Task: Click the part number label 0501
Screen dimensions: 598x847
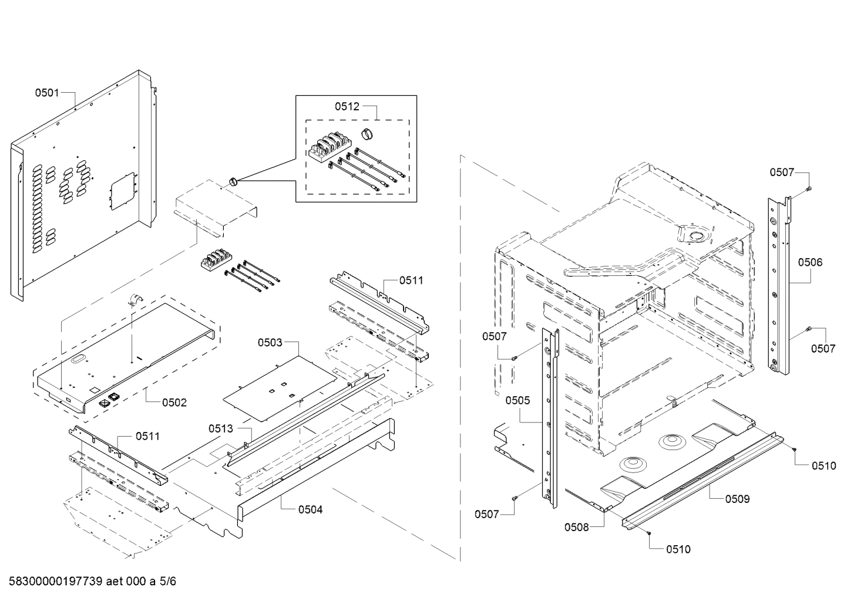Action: [x=46, y=92]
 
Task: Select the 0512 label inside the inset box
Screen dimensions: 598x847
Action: [x=347, y=106]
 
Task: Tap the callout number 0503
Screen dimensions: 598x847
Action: [x=270, y=342]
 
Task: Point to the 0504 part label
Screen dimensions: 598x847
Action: [x=310, y=509]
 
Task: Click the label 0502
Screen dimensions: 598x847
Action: [x=174, y=403]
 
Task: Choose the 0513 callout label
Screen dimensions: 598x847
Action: [x=220, y=429]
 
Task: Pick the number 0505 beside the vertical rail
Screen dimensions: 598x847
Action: [x=517, y=400]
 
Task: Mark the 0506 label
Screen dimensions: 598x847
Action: [x=810, y=262]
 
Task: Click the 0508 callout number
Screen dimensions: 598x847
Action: [x=576, y=527]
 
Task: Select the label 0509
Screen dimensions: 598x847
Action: [x=737, y=499]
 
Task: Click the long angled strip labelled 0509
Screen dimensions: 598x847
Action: [x=702, y=479]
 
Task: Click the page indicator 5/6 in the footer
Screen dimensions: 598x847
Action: [x=167, y=582]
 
